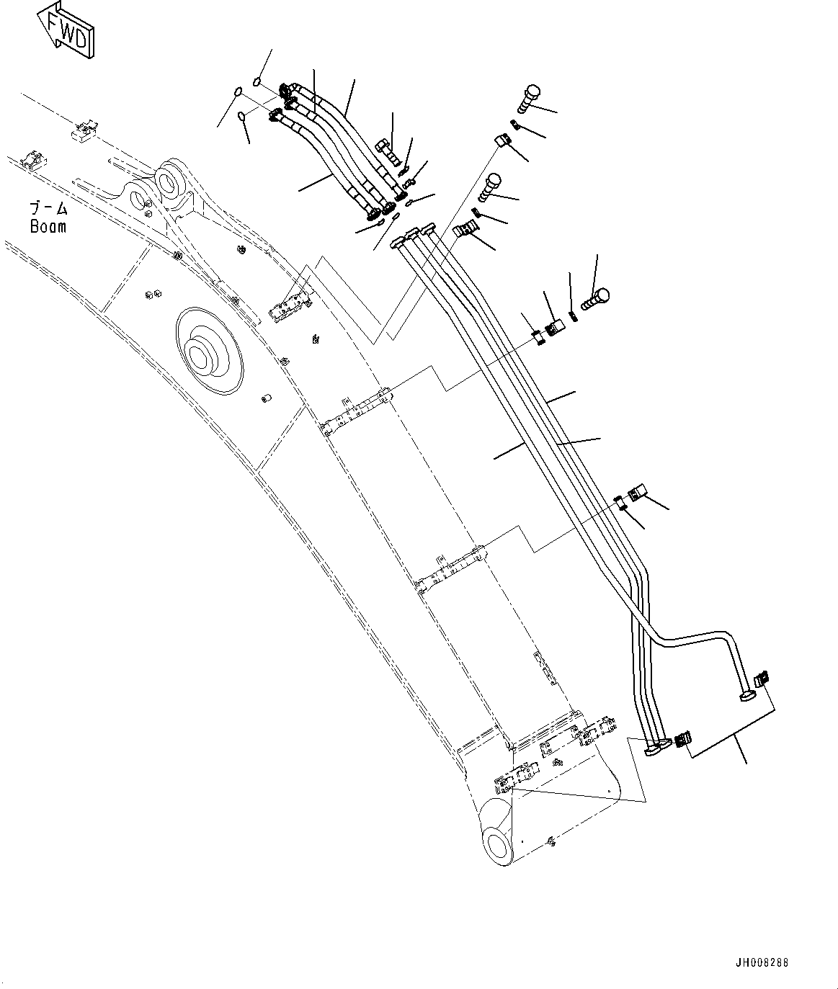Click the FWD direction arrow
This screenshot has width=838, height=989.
pyautogui.click(x=66, y=30)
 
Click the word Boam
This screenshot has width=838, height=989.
pyautogui.click(x=48, y=226)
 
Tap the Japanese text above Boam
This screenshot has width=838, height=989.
pyautogui.click(x=48, y=209)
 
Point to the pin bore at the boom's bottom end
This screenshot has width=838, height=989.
pyautogui.click(x=497, y=843)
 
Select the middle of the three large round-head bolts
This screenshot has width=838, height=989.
pyautogui.click(x=491, y=185)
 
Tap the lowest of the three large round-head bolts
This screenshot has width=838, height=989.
pyautogui.click(x=597, y=297)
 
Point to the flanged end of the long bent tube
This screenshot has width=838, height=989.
pyautogui.click(x=745, y=695)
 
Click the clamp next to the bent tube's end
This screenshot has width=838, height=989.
pyautogui.click(x=761, y=679)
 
